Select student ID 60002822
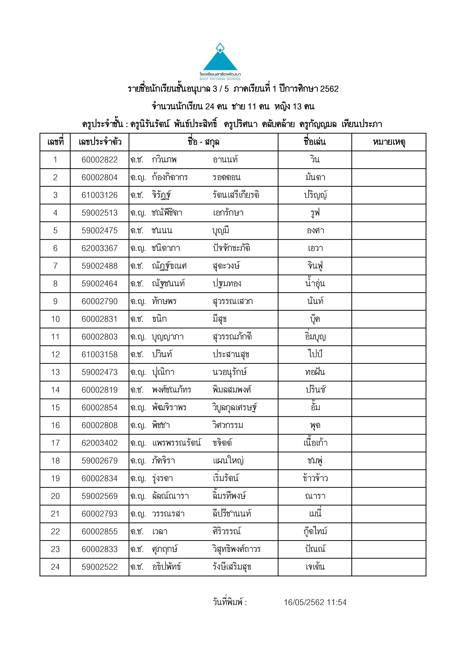pyautogui.click(x=100, y=160)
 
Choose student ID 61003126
pyautogui.click(x=100, y=195)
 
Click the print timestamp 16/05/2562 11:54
pyautogui.click(x=315, y=602)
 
